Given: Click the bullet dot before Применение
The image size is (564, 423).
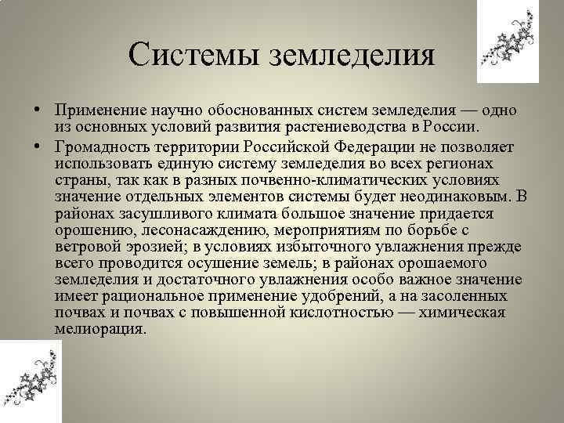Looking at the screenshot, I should pyautogui.click(x=37, y=111).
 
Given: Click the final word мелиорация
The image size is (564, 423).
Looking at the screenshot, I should pyautogui.click(x=100, y=329).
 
